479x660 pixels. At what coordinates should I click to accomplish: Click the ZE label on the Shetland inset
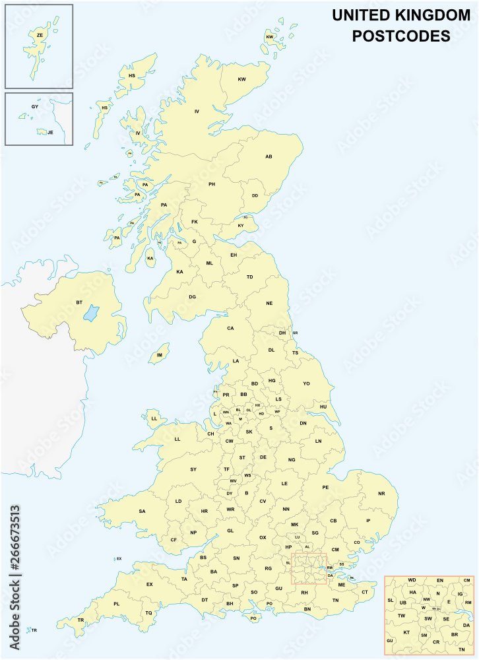(40, 35)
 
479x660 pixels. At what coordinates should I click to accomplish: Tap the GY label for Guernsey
(35, 106)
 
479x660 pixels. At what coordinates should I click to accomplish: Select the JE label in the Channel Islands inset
(50, 132)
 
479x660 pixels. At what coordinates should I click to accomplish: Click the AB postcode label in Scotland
(269, 156)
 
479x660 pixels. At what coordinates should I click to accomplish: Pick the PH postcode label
(212, 184)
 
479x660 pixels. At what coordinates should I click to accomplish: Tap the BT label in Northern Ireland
(79, 302)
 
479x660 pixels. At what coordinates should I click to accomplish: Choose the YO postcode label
(306, 383)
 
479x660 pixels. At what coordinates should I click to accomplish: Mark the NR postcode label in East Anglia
(381, 494)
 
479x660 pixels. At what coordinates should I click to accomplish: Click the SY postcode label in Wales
(193, 469)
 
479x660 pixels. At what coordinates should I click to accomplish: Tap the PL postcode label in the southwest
(117, 603)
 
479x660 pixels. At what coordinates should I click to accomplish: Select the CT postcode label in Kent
(364, 592)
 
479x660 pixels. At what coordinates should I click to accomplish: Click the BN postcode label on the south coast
(307, 609)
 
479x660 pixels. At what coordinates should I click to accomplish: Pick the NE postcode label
(269, 303)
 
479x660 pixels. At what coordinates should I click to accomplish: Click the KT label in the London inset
(406, 632)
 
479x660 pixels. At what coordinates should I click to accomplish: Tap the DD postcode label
(255, 195)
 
